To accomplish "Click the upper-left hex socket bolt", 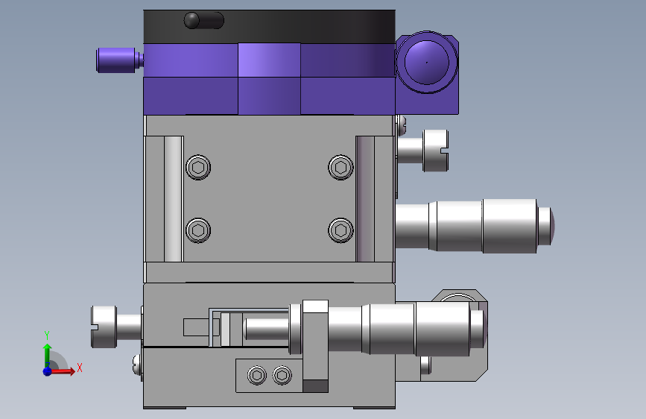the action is click(198, 168).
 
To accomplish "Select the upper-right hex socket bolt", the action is click(341, 168).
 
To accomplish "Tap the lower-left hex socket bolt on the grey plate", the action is click(198, 230).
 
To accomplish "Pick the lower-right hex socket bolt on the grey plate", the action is click(341, 230).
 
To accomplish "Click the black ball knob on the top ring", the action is click(191, 20).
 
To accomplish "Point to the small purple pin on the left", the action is click(118, 60).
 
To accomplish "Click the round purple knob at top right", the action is click(427, 63).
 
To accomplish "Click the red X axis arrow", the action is click(62, 371).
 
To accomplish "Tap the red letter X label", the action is click(80, 368).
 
